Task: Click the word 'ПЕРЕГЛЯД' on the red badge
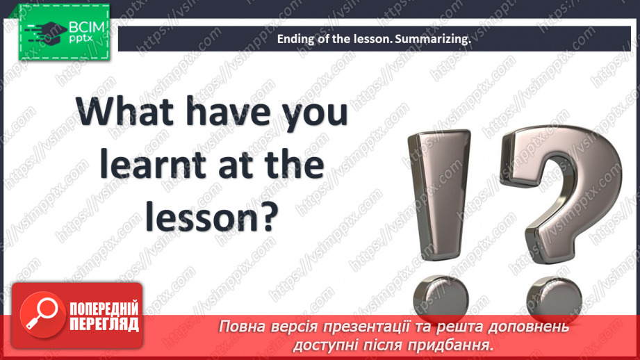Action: click(104, 323)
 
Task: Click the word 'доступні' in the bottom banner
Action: click(329, 344)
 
